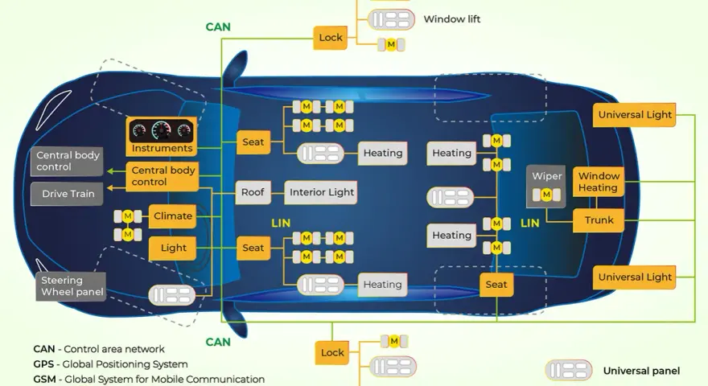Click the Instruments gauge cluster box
click(x=162, y=137)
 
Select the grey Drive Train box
click(x=68, y=194)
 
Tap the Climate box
click(x=172, y=216)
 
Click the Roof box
click(x=252, y=192)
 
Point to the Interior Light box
click(x=321, y=192)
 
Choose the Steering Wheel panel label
click(x=72, y=286)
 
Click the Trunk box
click(x=599, y=220)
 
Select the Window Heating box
click(x=599, y=182)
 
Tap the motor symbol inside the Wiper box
click(x=546, y=195)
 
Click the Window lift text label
click(x=451, y=19)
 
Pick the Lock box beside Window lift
click(x=331, y=38)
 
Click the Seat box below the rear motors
click(x=496, y=285)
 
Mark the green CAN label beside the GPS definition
click(x=218, y=342)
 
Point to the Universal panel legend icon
click(x=569, y=371)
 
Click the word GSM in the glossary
click(x=44, y=380)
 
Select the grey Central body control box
click(x=68, y=161)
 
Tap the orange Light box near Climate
click(x=173, y=248)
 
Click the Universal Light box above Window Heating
click(x=635, y=115)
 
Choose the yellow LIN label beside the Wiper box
click(x=529, y=223)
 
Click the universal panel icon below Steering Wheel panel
click(x=172, y=295)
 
